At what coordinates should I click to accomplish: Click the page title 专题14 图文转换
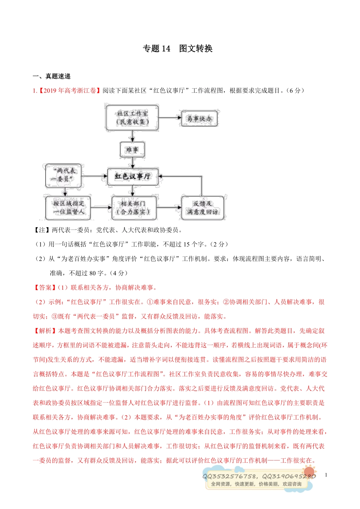(x=177, y=48)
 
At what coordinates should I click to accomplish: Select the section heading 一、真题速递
(x=52, y=76)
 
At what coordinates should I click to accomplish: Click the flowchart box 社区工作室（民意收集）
(x=132, y=117)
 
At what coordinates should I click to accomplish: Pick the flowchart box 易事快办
(x=199, y=119)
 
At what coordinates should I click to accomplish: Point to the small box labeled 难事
(x=132, y=150)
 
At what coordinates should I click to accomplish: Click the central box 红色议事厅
(x=133, y=176)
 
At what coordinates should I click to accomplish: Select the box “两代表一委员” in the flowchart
(x=63, y=175)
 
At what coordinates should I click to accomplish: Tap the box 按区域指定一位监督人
(x=68, y=208)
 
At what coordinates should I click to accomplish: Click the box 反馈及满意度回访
(x=202, y=208)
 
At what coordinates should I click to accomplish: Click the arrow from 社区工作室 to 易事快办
(x=170, y=118)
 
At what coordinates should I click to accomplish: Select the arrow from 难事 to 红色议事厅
(x=132, y=163)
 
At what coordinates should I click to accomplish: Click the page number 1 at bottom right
(x=326, y=475)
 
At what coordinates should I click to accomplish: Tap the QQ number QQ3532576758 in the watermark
(x=230, y=476)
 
